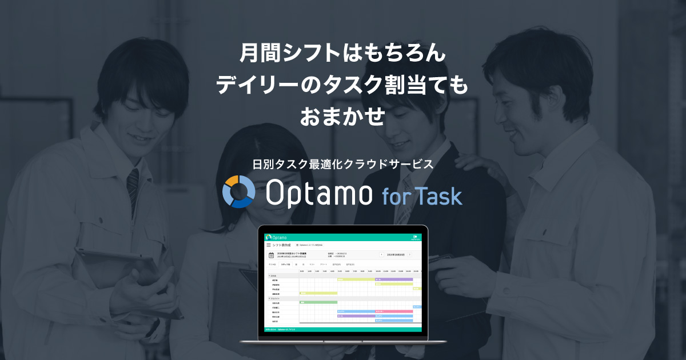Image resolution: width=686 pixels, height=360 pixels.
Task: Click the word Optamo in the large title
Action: coord(318,194)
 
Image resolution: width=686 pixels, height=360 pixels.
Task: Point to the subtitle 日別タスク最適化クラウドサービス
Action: coord(343,163)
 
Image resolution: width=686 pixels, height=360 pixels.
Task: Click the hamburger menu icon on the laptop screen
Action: coord(269,245)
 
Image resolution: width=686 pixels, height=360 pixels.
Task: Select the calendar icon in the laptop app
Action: coord(272,255)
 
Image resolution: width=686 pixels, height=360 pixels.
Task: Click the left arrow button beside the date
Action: coord(381,254)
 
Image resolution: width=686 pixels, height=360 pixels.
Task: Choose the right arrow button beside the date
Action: coord(409,254)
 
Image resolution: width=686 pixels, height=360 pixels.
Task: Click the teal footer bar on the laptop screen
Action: coord(342,330)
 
